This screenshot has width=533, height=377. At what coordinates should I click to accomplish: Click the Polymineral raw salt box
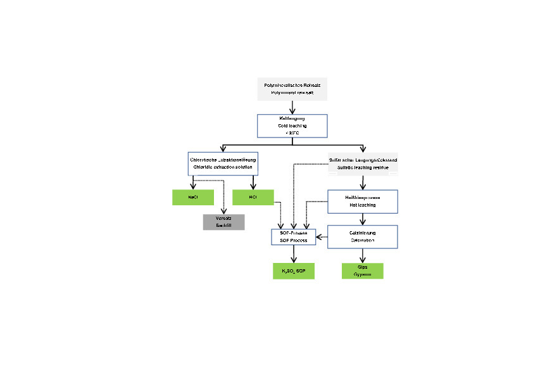292,89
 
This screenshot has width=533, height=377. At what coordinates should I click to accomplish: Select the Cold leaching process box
292,125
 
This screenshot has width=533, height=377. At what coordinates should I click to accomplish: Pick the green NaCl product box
192,197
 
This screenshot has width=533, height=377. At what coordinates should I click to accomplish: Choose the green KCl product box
253,197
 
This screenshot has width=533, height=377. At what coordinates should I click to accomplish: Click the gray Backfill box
223,222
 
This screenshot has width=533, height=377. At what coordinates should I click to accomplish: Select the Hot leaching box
362,201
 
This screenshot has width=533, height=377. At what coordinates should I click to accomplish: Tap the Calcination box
362,237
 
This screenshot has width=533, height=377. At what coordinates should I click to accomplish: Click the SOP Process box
293,237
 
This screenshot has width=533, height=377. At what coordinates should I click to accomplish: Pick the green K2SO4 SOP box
293,271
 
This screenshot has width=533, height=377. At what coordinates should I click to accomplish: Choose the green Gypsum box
362,271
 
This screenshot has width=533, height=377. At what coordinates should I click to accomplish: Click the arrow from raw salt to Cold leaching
292,107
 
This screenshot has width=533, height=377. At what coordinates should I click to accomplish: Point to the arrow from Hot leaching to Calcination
362,219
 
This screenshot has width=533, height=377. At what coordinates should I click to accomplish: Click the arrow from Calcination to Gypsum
362,255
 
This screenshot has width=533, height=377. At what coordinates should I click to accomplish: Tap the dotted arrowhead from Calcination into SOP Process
318,238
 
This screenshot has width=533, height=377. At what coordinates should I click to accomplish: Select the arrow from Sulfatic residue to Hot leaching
362,182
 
